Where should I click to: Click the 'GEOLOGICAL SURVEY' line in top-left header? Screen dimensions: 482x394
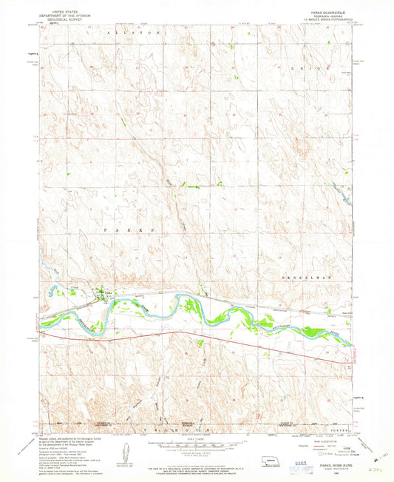click(64, 19)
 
